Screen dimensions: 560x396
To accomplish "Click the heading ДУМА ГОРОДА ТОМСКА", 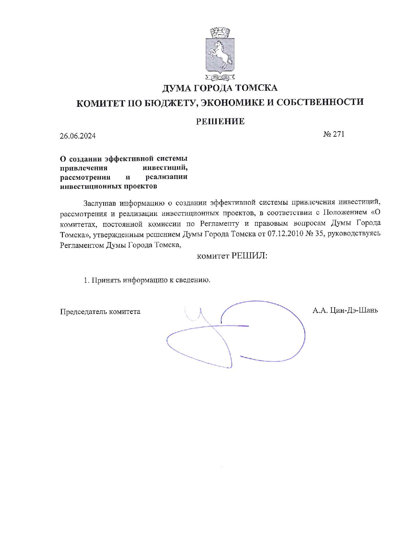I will click(x=220, y=88).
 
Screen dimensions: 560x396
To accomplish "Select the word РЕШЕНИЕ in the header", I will click(x=220, y=121).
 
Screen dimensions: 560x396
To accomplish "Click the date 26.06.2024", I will click(x=78, y=136).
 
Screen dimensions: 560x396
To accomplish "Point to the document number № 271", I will click(x=334, y=134).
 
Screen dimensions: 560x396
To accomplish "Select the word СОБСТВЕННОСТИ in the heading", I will click(x=320, y=102).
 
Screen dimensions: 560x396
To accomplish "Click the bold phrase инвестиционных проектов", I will click(x=109, y=186).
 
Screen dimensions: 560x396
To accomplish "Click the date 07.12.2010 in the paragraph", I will click(x=285, y=234).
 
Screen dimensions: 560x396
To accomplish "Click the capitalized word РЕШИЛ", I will click(x=249, y=256).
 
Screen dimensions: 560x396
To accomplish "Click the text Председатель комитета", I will click(x=100, y=312).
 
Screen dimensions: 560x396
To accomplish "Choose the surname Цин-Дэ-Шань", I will click(x=354, y=310).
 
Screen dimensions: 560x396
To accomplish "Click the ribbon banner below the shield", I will click(x=220, y=77).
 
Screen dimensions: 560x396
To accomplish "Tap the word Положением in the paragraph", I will click(x=345, y=213).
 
